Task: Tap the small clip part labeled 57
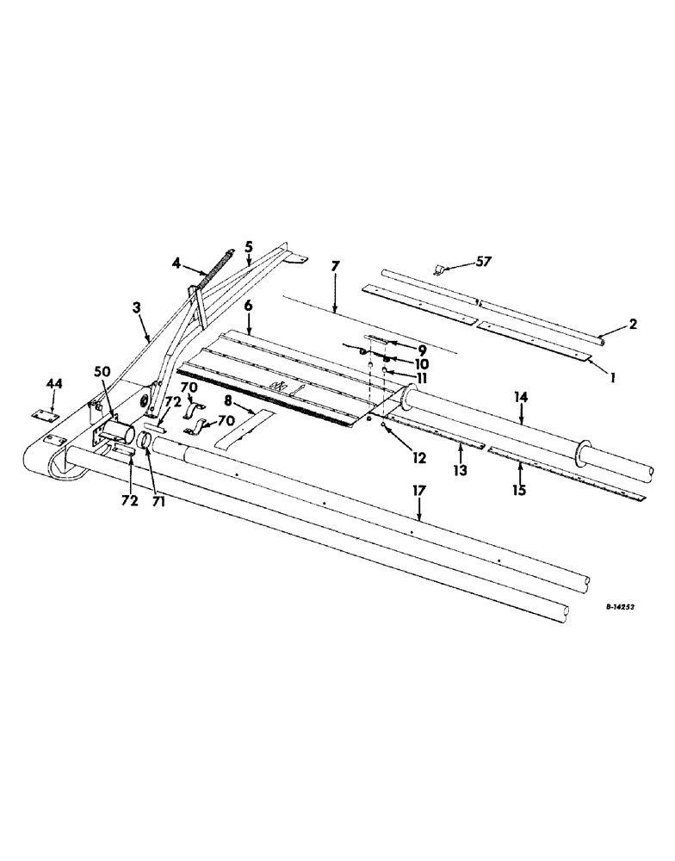(x=438, y=270)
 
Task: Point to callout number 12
(x=419, y=458)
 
